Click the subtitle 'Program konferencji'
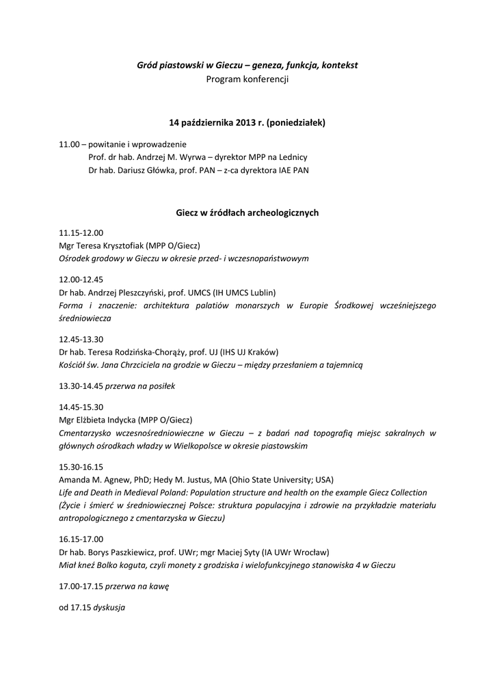click(x=247, y=79)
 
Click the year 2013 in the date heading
click(x=245, y=123)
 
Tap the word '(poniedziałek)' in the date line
click(x=296, y=123)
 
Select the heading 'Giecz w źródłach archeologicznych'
click(x=247, y=213)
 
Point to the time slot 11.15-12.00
click(x=81, y=232)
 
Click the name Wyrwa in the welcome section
click(x=194, y=157)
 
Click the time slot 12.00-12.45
click(x=81, y=280)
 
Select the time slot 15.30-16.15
click(x=81, y=466)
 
